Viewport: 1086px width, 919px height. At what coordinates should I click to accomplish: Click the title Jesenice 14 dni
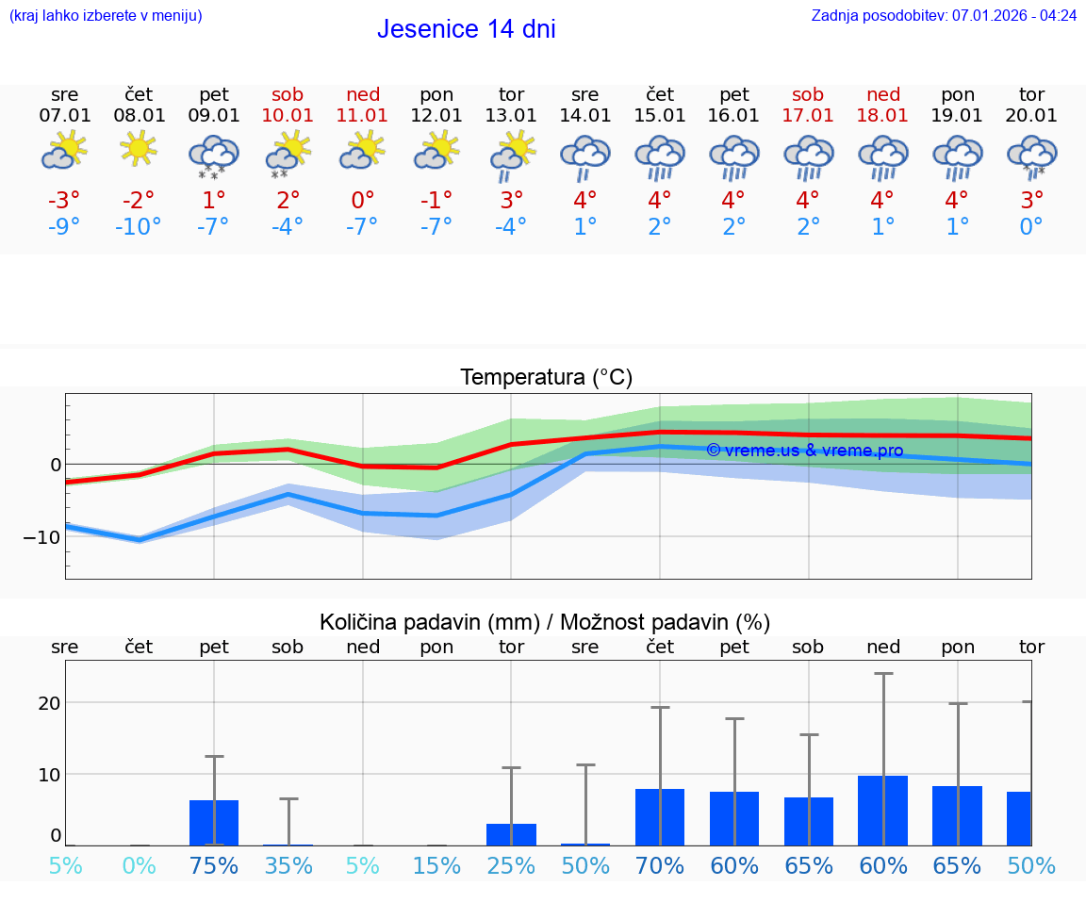pos(466,29)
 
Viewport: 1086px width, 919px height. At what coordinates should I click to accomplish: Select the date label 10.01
pos(288,116)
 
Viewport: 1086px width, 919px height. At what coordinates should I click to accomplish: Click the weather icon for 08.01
pos(139,150)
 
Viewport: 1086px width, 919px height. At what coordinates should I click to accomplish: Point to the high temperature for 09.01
pos(214,201)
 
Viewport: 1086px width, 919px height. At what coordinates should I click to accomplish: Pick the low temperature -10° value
pos(139,227)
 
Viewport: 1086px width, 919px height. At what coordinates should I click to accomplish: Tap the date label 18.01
pos(882,116)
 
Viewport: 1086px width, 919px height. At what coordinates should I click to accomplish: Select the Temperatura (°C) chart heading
pos(546,378)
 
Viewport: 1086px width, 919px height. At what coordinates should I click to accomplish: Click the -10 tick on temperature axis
pos(42,537)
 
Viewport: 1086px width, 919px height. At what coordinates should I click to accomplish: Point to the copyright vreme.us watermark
pos(804,451)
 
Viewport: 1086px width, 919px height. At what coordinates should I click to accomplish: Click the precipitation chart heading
pos(545,622)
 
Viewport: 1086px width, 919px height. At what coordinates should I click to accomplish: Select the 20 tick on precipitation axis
pos(49,703)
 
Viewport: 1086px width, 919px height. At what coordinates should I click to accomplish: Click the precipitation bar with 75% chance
pos(214,823)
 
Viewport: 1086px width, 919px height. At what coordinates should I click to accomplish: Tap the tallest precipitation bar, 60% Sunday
pos(882,811)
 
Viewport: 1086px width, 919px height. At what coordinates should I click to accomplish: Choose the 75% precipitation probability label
pos(214,866)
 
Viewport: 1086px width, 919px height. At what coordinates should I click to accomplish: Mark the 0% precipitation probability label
pos(139,866)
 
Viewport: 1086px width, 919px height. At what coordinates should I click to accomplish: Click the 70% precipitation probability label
pos(659,866)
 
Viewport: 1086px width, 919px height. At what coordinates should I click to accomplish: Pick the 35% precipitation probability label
pos(288,866)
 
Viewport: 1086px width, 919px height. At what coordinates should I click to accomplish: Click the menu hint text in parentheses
pos(106,16)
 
